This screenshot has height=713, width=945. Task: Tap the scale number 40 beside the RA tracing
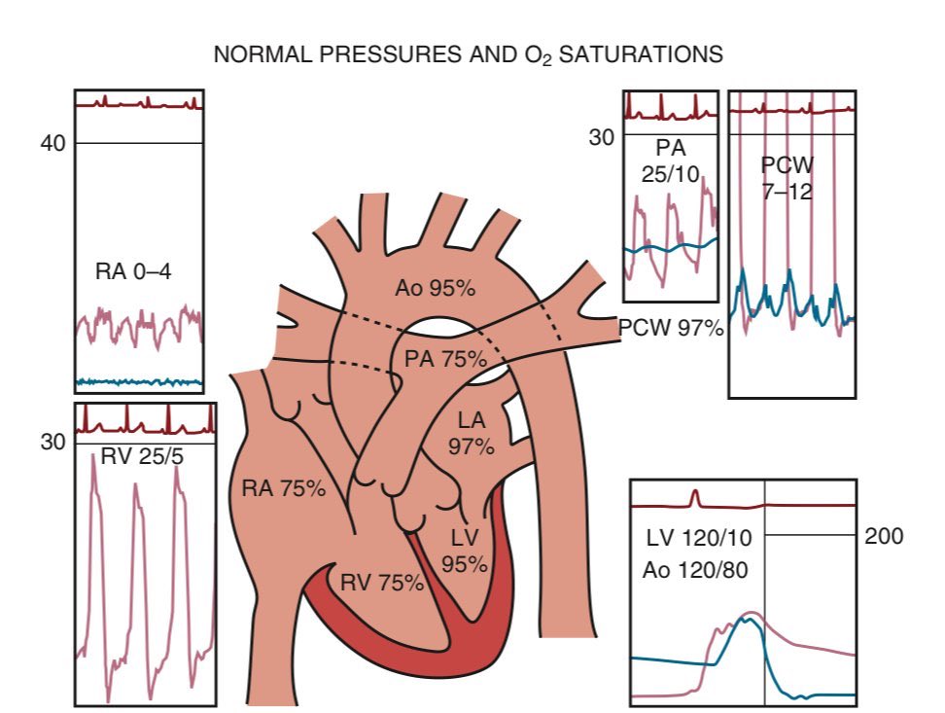(x=52, y=144)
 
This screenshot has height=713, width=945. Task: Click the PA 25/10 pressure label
(x=671, y=162)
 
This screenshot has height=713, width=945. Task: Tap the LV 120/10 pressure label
(x=705, y=536)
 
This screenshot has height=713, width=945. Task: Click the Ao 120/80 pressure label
(x=701, y=571)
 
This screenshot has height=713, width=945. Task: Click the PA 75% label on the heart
(x=445, y=358)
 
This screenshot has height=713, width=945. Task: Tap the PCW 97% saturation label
(x=671, y=329)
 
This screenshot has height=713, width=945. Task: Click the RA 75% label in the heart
(x=283, y=488)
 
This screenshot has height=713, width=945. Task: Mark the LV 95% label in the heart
(x=464, y=551)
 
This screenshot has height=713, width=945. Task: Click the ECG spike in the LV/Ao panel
(x=695, y=497)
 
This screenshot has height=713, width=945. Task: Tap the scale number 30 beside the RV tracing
(x=52, y=442)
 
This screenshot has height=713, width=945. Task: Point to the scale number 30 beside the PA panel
(x=602, y=137)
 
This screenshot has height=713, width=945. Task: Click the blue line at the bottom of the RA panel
(x=139, y=381)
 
